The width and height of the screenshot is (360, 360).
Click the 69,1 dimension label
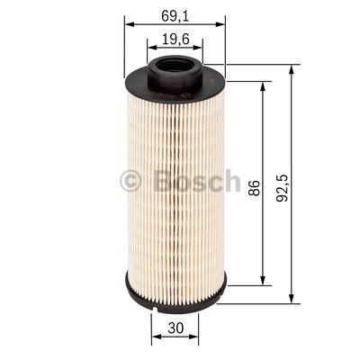175,14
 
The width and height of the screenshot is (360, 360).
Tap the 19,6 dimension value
175,39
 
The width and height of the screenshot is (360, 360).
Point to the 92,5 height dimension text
283,188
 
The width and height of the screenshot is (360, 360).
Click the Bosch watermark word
198,181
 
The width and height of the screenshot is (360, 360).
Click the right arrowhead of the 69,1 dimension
221,26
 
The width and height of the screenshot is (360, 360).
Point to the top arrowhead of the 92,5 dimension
293,68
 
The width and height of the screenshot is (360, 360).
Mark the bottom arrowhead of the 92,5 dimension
293,301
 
